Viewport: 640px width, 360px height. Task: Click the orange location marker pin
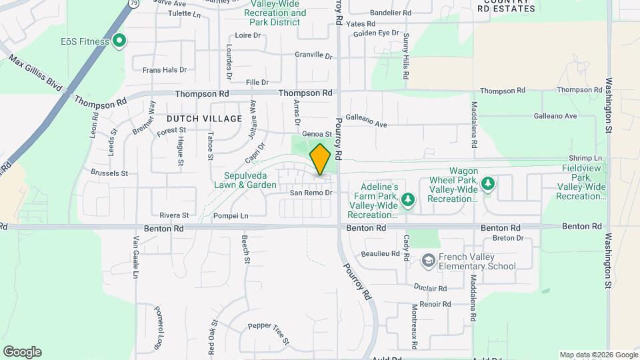[x=320, y=159]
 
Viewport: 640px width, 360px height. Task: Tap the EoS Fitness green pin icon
[x=119, y=41]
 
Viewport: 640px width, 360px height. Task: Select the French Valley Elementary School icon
[x=429, y=260]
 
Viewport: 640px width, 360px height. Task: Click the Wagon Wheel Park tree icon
[x=487, y=183]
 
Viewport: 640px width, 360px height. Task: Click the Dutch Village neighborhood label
[x=209, y=119]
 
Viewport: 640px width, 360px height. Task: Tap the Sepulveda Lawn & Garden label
[x=245, y=181]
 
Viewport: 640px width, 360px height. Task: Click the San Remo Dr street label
[x=310, y=193]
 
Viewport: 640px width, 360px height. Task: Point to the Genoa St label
[x=317, y=134]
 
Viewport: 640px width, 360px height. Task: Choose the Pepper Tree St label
[x=269, y=333]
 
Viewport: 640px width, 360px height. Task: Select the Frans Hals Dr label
[x=164, y=69]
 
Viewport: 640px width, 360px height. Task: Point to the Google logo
[x=22, y=352]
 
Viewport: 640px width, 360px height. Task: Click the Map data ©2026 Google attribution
[x=598, y=355]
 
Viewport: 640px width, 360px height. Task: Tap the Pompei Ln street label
[x=231, y=216]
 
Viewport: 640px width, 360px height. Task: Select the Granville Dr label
[x=314, y=55]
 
